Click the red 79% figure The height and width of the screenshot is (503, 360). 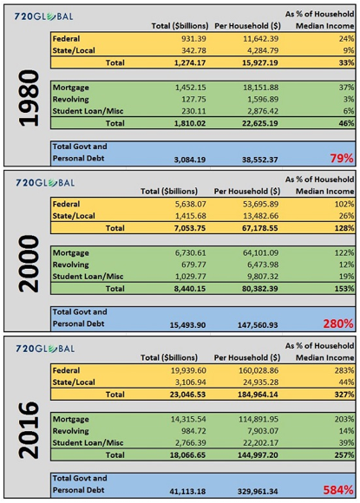[342, 158]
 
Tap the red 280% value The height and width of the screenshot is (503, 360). [338, 323]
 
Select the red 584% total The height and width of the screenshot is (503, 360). [338, 490]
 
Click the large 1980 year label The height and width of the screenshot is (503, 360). [29, 98]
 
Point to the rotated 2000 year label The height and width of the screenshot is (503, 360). [29, 264]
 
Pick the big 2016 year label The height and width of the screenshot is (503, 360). [29, 430]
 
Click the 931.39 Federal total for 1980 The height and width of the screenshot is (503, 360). [193, 39]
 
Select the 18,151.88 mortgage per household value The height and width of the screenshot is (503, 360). [260, 88]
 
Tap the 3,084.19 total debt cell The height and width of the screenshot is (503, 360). [190, 160]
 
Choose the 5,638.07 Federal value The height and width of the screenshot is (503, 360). [190, 204]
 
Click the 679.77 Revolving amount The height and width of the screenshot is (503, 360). [193, 265]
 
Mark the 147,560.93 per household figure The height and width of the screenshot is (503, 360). [258, 325]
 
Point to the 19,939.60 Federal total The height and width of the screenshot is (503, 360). [188, 370]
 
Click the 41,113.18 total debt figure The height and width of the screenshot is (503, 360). [187, 491]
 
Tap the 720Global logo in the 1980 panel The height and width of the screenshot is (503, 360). [43, 16]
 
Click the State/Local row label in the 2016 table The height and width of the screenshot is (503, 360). [74, 382]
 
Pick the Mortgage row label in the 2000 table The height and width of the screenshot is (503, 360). [71, 252]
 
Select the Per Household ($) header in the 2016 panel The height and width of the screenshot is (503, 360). [247, 357]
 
